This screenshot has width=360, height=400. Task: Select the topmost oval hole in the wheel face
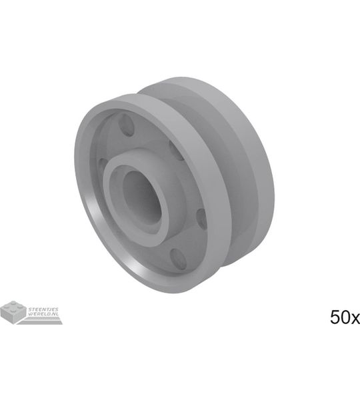pos(126,125)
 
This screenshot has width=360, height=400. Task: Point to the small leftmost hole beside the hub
pos(103,165)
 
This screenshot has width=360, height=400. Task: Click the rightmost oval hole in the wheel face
pos(201,219)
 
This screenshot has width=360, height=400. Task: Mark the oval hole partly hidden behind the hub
pos(177,151)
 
